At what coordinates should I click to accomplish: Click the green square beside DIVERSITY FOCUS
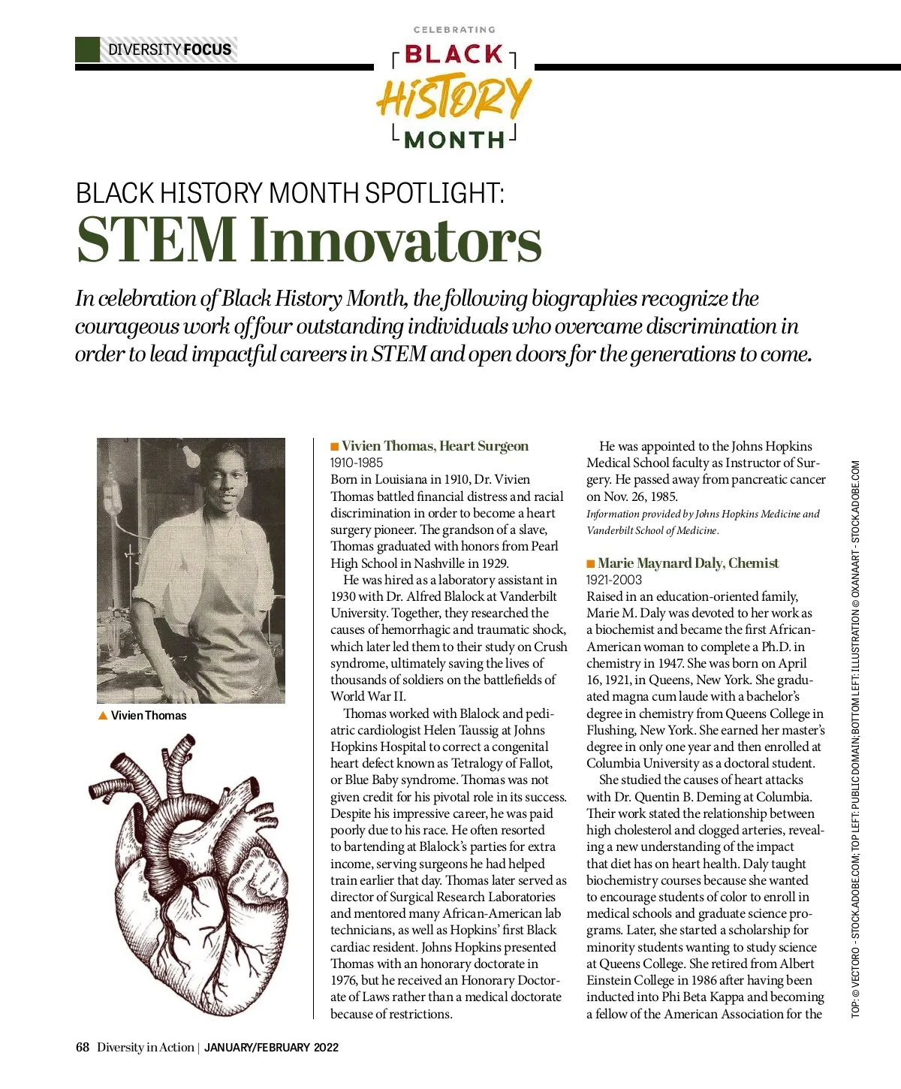coord(87,50)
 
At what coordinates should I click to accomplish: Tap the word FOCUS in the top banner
coord(207,50)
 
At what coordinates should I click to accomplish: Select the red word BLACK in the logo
coord(454,55)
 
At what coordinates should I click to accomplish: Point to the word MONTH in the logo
coord(454,140)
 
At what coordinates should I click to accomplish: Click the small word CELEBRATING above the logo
coord(454,30)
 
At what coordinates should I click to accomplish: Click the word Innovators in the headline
coord(396,240)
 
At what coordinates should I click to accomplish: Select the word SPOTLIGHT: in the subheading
coord(435,193)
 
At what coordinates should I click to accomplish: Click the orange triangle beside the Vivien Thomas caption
coord(103,716)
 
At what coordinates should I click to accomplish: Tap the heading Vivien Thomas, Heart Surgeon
coord(435,446)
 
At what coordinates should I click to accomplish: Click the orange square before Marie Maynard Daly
coord(591,564)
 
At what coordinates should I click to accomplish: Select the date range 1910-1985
coord(357,463)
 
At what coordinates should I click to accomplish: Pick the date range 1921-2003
coord(613,580)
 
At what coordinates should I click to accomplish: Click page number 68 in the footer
coord(83,1048)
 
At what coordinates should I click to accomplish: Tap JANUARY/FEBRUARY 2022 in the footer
coord(271,1048)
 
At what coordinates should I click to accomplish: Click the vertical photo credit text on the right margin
coord(856,739)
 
